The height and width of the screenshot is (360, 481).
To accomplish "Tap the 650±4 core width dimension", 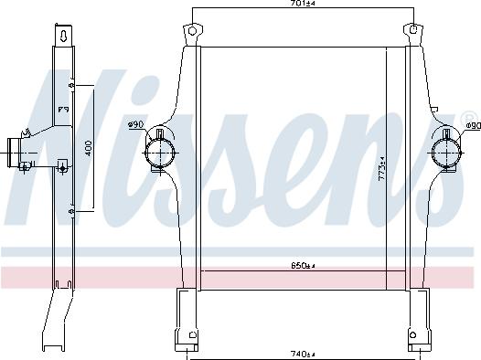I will tap(303, 266).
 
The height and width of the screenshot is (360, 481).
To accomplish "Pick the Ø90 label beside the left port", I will tap(135, 124).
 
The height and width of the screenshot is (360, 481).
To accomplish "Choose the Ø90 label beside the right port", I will tap(470, 125).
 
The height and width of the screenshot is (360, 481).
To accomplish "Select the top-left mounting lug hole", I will tap(192, 32).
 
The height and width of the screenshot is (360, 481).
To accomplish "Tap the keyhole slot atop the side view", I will tap(63, 37).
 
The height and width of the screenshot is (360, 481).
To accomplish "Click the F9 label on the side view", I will tap(64, 110).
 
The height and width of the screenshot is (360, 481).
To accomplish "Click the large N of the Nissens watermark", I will tap(55, 137).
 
